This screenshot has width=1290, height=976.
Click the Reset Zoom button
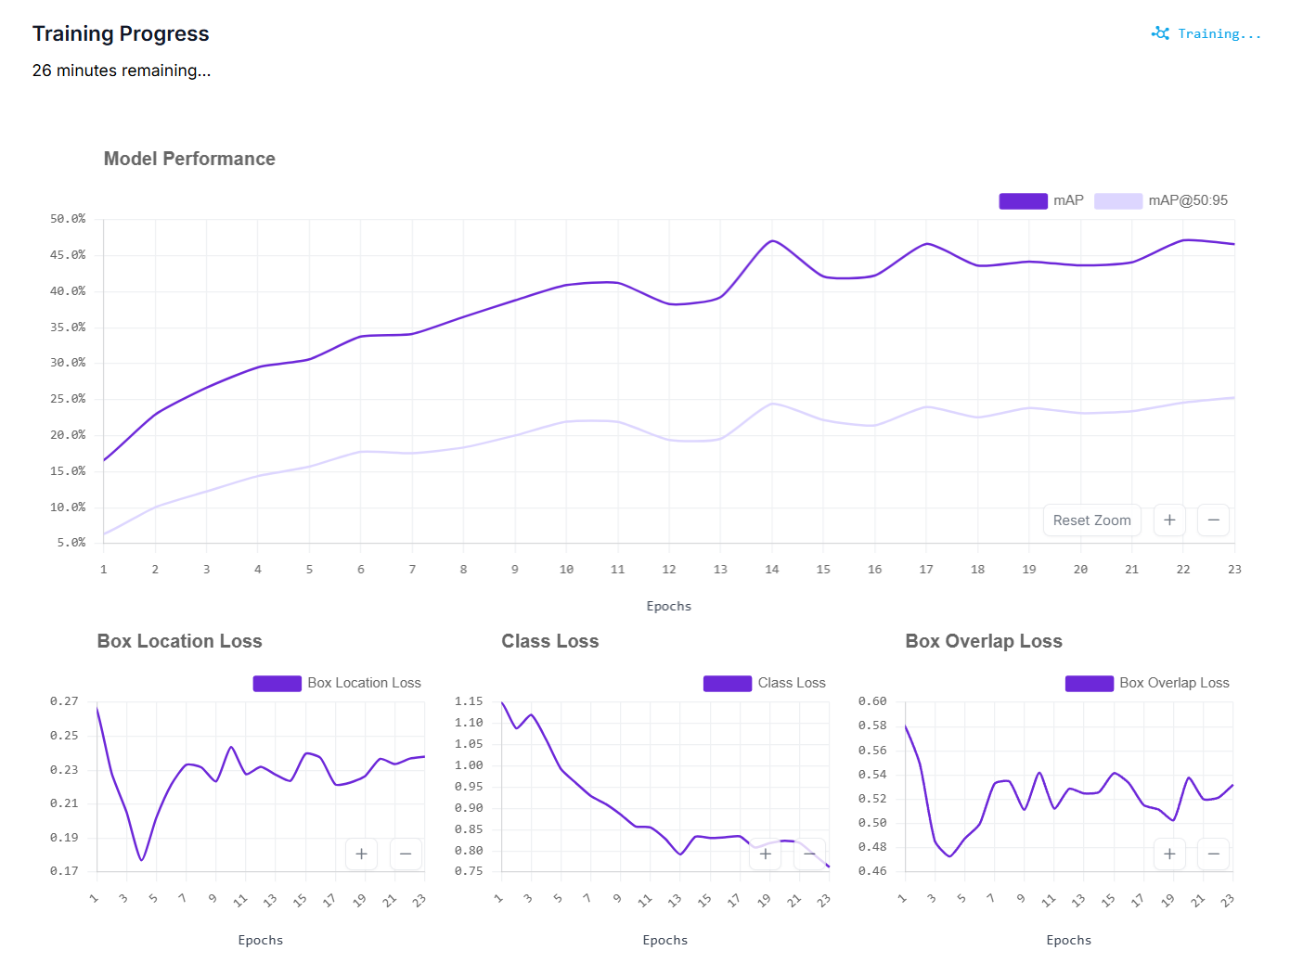1091,520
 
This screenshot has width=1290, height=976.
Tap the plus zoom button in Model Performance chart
1169,520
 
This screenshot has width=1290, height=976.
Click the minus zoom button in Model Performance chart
1213,520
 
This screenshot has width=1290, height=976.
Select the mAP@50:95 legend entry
1161,200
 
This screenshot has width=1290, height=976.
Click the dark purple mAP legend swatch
1023,200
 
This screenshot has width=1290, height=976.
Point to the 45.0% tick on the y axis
68,255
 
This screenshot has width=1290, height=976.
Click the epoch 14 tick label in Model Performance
771,569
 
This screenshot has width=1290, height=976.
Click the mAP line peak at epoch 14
772,241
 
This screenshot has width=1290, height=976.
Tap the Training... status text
1219,34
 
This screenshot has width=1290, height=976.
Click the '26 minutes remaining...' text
121,71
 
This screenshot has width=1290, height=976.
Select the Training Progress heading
121,33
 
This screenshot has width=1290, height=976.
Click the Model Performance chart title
189,159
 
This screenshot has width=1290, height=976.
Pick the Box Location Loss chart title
179,641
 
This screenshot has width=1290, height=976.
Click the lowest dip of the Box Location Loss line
142,860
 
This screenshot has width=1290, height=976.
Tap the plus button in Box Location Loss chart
361,854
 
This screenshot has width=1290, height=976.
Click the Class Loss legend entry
764,683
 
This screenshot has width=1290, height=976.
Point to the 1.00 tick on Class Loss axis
469,765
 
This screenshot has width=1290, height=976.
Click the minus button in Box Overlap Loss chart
1213,854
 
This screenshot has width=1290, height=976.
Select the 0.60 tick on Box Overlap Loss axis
872,701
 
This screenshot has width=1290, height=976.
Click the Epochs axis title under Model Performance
668,606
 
